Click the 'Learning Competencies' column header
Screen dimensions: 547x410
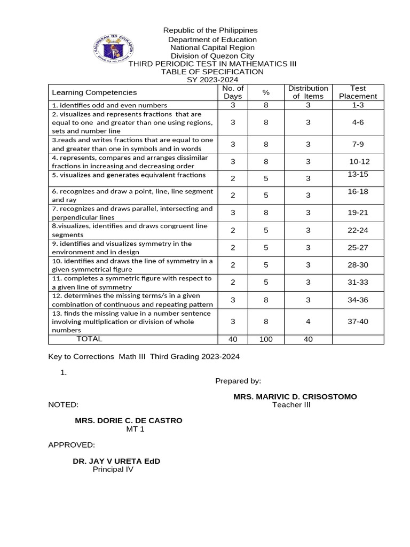pos(86,92)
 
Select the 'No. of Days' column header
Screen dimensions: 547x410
pos(233,92)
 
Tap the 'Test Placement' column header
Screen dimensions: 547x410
pos(358,92)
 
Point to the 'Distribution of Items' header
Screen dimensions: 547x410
pos(308,92)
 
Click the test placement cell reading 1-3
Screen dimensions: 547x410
pos(358,105)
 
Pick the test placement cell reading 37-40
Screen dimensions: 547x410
pos(358,321)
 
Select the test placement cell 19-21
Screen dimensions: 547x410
pos(358,213)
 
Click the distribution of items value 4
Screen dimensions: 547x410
pos(308,321)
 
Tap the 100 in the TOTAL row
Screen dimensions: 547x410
pos(266,339)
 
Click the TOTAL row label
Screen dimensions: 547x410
pos(89,339)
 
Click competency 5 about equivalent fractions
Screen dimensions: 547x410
pos(121,175)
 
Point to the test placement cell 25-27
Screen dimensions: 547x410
pos(358,248)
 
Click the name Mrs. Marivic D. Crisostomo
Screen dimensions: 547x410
pos(295,397)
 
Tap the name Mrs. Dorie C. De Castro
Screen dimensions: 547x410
pos(128,420)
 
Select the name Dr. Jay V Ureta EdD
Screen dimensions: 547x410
pos(116,460)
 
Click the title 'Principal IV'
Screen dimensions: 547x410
pos(113,470)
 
